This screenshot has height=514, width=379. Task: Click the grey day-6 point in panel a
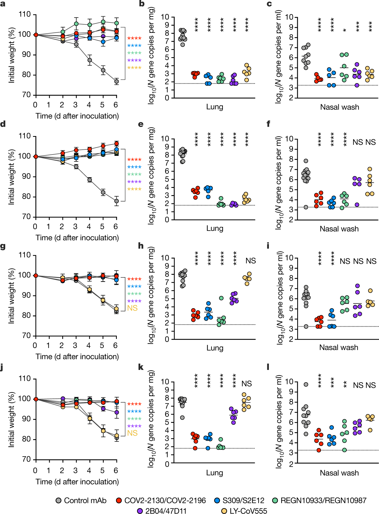tap(116, 82)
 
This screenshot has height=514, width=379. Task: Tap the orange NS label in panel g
tap(132, 308)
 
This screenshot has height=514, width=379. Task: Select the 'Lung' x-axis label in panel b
tap(215, 107)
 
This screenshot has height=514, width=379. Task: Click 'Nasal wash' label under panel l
tap(339, 473)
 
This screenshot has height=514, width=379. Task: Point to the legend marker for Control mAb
tap(59, 500)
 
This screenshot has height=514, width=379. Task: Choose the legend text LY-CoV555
tap(248, 511)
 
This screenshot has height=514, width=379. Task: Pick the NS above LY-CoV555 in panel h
tap(250, 261)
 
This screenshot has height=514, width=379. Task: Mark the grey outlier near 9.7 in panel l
tap(306, 384)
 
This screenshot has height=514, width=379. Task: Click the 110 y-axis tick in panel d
tap(24, 136)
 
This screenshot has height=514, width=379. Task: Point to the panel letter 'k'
tap(141, 367)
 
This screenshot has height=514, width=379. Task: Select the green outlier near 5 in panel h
tap(221, 298)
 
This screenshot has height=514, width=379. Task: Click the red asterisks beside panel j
tap(134, 404)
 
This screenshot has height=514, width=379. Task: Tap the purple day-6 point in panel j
tap(117, 412)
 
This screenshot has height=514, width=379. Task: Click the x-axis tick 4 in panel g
tap(88, 345)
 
